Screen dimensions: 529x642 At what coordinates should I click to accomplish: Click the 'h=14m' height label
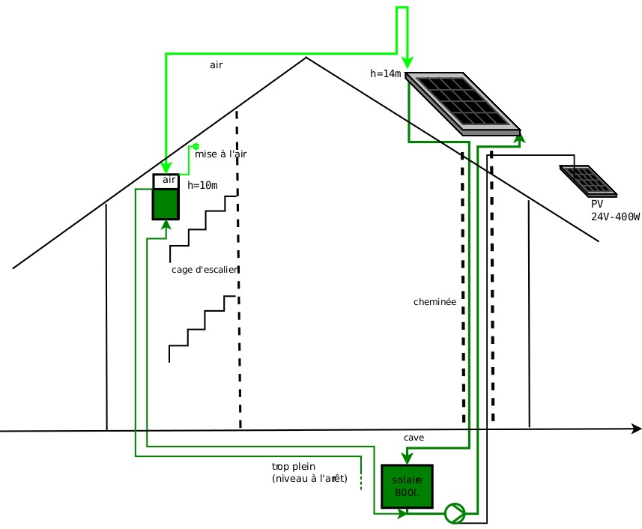pos(386,73)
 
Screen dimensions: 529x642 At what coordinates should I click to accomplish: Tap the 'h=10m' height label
pos(202,185)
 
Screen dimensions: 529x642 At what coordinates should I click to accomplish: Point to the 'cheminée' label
pos(434,302)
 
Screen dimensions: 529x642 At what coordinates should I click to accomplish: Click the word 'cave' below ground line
pos(414,438)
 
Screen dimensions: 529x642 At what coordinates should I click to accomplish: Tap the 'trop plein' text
pos(294,467)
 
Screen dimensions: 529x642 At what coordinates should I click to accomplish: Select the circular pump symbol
pos(455,513)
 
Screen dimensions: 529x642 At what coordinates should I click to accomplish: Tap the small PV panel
pos(588,181)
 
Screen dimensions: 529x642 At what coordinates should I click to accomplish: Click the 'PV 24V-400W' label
pos(615,211)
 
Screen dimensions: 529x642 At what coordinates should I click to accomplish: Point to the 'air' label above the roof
pos(216,65)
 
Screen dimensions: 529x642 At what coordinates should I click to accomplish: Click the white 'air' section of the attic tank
pos(166,181)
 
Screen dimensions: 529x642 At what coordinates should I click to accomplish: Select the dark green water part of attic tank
pos(166,203)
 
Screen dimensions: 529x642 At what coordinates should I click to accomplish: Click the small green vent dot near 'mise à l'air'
pos(196,147)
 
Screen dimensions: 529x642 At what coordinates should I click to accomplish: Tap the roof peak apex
pos(306,58)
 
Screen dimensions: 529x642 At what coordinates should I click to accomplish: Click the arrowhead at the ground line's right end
pos(637,429)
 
